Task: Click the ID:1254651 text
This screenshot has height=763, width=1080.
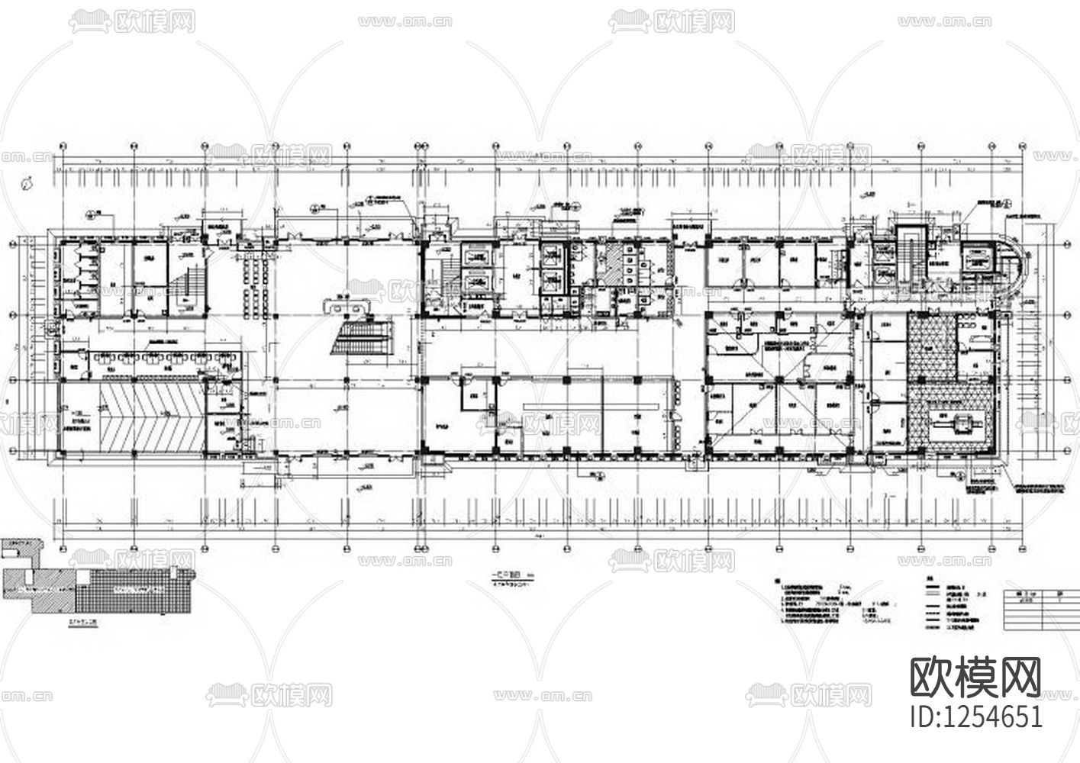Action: click(976, 716)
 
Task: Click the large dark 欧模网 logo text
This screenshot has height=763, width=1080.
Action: click(975, 676)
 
